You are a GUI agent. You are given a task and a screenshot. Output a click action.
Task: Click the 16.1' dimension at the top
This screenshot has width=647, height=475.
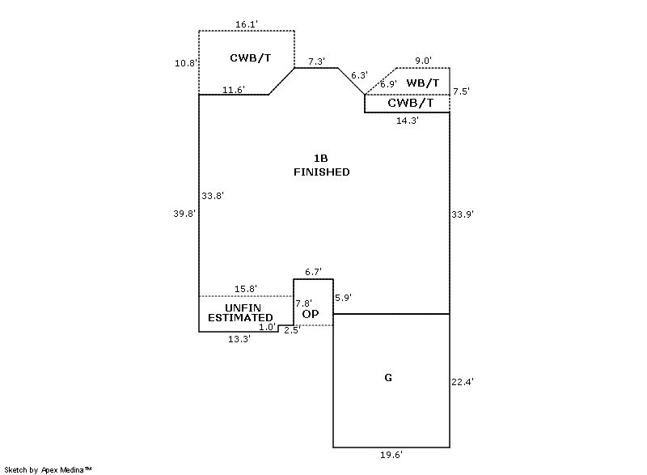[247, 25]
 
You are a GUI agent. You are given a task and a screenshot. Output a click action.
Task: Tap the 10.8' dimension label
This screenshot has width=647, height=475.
[186, 63]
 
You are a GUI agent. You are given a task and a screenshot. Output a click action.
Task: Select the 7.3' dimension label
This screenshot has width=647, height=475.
[317, 61]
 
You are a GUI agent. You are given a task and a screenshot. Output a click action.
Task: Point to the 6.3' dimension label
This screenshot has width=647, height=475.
[358, 75]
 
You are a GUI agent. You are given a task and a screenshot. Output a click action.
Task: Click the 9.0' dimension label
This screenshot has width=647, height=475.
[423, 61]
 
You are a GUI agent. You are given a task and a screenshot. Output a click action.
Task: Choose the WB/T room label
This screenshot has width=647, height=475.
[423, 83]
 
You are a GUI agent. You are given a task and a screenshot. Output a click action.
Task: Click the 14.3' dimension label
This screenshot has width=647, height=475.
[407, 121]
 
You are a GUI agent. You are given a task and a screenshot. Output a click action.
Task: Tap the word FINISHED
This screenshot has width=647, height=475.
[321, 172]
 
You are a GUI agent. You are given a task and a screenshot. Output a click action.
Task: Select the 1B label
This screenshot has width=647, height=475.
[321, 158]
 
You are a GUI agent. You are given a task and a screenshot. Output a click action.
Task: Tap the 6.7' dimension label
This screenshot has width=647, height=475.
[313, 272]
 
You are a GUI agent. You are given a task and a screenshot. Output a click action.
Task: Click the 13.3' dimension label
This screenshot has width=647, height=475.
[239, 339]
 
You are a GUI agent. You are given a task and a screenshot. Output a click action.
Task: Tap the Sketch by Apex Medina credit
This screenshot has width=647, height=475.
[48, 469]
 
